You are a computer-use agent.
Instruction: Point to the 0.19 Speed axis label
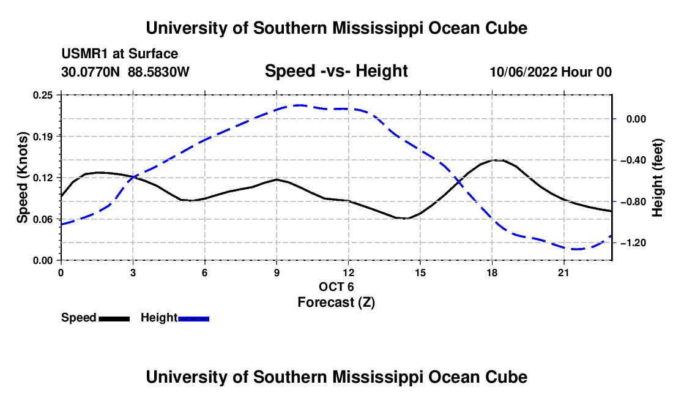pos(43,137)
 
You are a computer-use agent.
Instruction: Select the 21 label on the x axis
pos(563,272)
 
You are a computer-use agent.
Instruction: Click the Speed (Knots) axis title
pos(22,178)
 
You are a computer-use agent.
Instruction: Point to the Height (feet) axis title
pos(658,178)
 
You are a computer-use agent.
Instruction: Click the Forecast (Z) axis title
pos(336,302)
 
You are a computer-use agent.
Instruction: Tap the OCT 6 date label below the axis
pos(336,287)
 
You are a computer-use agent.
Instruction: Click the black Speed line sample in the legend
pos(114,319)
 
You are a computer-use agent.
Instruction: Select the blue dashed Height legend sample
pos(193,319)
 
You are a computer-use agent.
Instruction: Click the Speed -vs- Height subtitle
pos(336,71)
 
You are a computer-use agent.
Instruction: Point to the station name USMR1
pos(85,54)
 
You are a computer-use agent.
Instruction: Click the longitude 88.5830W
pos(158,72)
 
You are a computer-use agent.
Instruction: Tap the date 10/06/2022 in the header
pos(523,72)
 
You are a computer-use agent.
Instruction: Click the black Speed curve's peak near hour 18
pos(496,160)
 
